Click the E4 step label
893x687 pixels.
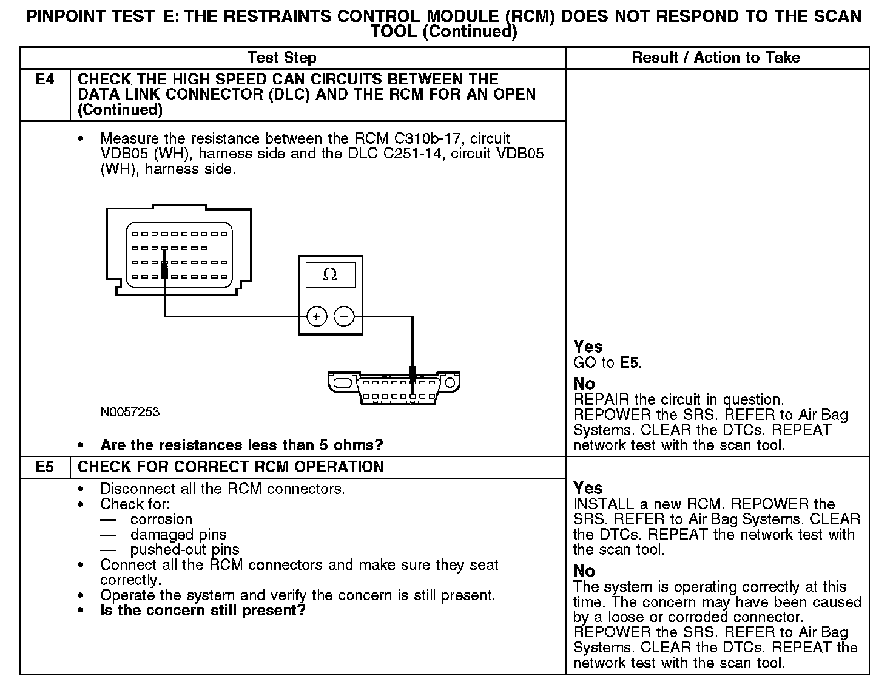[x=45, y=80]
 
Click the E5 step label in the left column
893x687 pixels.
[x=45, y=467]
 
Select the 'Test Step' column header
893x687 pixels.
[x=281, y=58]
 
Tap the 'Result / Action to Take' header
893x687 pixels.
[x=716, y=58]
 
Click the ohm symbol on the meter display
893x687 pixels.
[x=330, y=275]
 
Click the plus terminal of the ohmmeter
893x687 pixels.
[x=317, y=316]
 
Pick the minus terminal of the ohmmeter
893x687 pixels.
[x=344, y=316]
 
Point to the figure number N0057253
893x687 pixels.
[x=130, y=412]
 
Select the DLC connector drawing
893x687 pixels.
[x=394, y=387]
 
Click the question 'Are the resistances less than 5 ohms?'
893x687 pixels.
[x=241, y=445]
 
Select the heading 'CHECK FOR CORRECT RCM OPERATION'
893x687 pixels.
[x=231, y=467]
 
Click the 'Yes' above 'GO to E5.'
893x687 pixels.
[x=588, y=347]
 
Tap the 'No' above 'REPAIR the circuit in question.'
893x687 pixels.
[x=584, y=384]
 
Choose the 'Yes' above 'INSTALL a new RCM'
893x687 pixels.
[x=588, y=489]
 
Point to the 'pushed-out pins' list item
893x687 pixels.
[x=184, y=550]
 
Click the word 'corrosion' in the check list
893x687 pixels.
[x=161, y=519]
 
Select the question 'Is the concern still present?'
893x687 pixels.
[x=203, y=611]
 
